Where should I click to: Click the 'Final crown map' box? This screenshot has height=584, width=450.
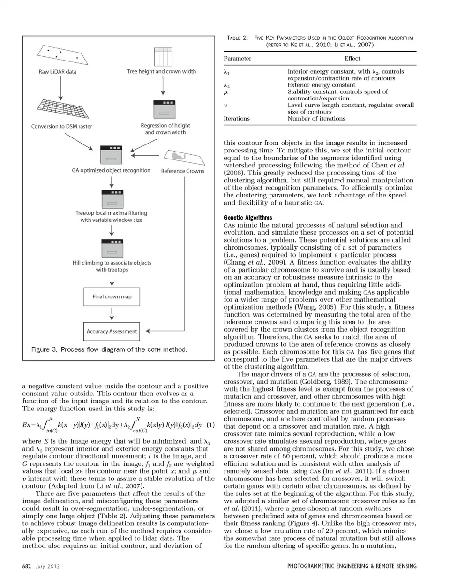click(112, 296)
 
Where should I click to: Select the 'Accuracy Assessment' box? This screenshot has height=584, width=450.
click(112, 331)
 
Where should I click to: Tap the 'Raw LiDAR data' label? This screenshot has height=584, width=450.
click(57, 72)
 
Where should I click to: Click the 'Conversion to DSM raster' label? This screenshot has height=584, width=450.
click(62, 126)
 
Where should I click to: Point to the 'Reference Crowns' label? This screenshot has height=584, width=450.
click(183, 171)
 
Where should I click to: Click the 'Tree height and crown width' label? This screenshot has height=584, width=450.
click(161, 71)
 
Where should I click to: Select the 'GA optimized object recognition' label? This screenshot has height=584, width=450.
click(111, 170)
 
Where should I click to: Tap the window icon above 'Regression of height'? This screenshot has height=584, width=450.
click(165, 110)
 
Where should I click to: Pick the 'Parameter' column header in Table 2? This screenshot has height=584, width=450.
click(237, 59)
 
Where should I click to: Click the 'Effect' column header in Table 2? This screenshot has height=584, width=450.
click(352, 59)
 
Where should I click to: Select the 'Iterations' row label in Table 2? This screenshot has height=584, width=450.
click(237, 119)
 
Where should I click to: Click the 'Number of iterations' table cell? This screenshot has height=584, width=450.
click(316, 119)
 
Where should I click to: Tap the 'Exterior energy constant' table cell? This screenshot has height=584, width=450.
click(321, 85)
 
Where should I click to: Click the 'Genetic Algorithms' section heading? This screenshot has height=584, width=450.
click(248, 218)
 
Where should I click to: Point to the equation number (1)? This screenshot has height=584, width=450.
click(210, 425)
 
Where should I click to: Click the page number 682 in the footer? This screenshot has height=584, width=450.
click(27, 566)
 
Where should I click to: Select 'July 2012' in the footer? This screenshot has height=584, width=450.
click(48, 566)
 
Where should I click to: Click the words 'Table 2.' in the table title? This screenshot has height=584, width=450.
click(237, 38)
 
